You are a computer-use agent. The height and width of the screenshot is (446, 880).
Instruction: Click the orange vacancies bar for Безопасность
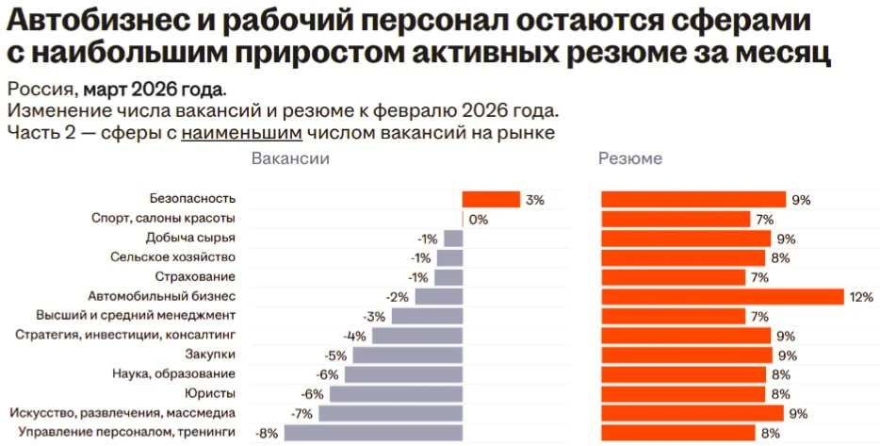point(491,199)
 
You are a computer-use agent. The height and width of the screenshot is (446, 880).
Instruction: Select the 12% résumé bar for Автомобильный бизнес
point(723,297)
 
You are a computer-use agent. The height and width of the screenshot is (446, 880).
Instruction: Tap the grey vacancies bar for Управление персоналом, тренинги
point(373,433)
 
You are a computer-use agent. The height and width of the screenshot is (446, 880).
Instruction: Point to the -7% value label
point(301,414)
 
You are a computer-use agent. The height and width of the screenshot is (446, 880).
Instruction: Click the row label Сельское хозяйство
point(172,257)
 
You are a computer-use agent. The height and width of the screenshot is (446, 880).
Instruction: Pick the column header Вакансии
point(290,158)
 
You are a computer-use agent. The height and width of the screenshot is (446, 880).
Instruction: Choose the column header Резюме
point(630,159)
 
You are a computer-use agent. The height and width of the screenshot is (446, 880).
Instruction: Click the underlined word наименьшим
point(242,133)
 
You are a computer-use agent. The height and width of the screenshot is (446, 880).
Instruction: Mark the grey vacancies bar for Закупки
point(408,355)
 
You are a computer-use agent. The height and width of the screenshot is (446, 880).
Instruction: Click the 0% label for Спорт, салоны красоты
point(479,220)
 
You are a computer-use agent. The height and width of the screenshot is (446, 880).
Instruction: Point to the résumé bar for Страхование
point(674,277)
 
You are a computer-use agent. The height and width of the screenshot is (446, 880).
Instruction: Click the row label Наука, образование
point(174,373)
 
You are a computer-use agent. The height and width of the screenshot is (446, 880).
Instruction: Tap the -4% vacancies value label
point(354,337)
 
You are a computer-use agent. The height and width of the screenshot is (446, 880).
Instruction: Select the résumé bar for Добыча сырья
point(686,239)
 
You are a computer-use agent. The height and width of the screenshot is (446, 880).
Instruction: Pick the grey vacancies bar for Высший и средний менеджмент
point(427,316)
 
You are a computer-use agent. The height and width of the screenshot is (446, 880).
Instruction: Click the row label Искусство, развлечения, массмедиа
point(122,413)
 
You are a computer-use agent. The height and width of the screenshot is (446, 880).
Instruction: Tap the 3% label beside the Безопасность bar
point(535,200)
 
